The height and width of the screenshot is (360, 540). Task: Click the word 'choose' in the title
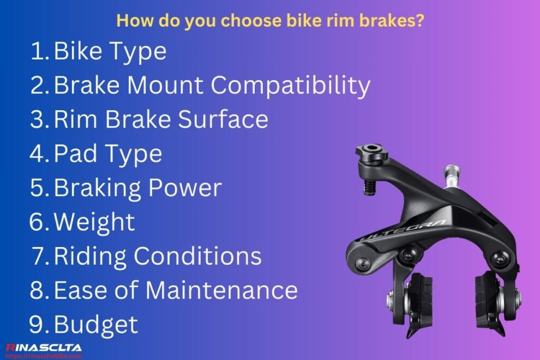[237, 21]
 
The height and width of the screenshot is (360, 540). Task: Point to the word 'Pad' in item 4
[73, 154]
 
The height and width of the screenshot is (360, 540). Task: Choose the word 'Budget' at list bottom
[96, 325]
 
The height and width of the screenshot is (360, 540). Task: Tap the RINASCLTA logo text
[44, 347]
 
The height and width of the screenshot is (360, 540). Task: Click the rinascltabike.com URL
[44, 356]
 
